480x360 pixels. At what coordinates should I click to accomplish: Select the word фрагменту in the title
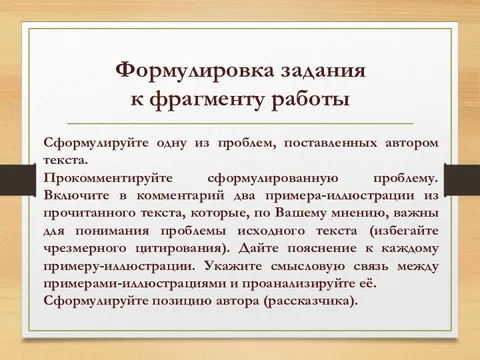click(227, 100)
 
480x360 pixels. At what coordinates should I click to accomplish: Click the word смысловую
click(309, 268)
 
